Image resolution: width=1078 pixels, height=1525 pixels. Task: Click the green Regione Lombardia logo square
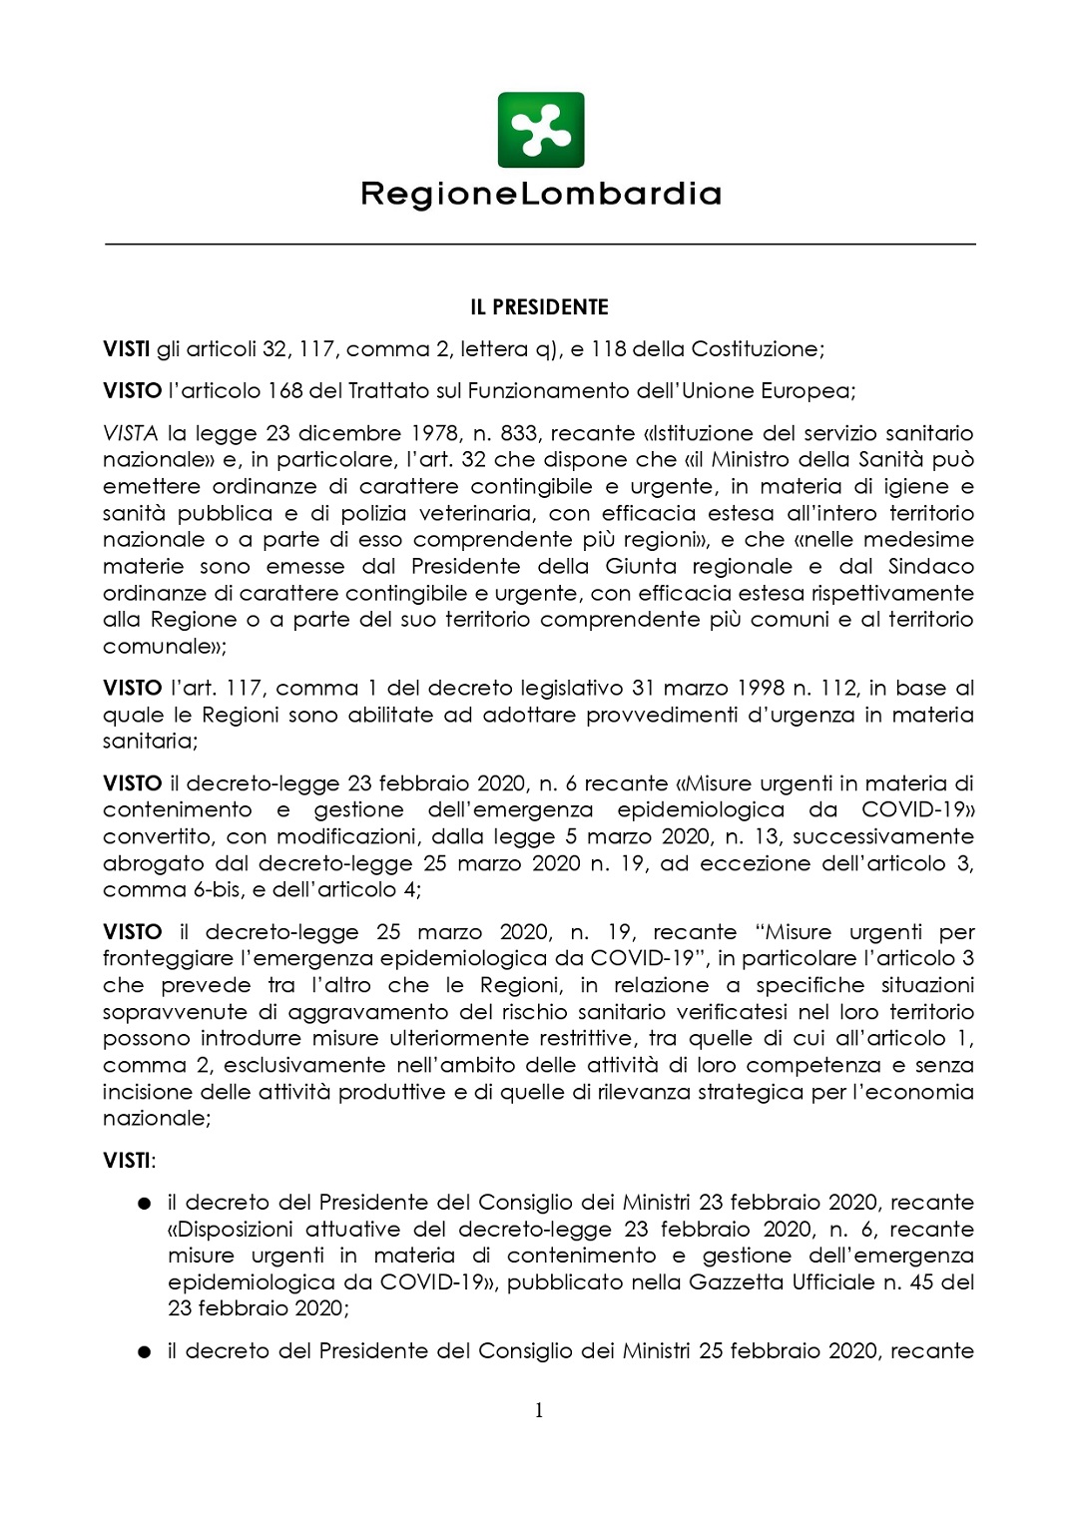[x=540, y=130]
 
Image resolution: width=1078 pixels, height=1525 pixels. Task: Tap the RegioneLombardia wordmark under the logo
[x=540, y=193]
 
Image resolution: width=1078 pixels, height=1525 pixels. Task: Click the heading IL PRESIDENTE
[x=539, y=307]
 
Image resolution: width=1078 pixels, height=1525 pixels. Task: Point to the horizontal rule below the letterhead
[x=539, y=244]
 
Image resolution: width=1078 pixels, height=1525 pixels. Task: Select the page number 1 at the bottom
[x=539, y=1410]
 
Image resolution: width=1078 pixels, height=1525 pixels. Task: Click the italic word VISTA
[x=130, y=433]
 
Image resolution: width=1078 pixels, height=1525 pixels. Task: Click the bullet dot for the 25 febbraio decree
[x=145, y=1352]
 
